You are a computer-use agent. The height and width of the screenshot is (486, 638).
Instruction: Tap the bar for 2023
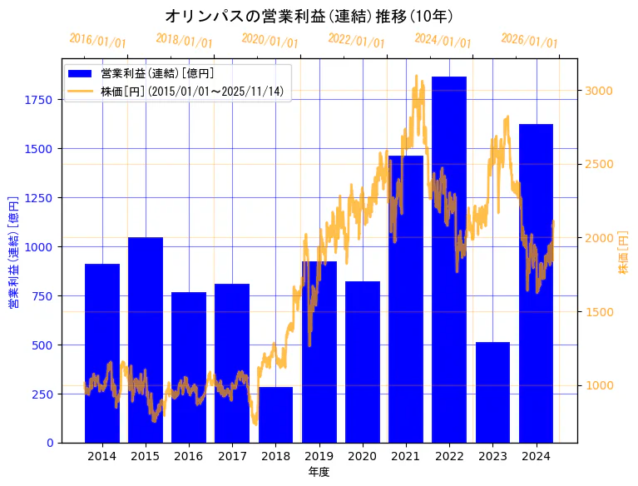(492, 392)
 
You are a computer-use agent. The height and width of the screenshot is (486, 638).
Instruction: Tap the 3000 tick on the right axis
(599, 91)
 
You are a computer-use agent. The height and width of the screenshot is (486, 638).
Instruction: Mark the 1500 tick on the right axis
(599, 312)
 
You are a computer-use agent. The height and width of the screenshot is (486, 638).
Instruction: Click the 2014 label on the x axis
(102, 456)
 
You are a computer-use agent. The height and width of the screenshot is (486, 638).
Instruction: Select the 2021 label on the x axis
(406, 456)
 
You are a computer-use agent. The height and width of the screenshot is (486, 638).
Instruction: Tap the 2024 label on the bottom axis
(536, 456)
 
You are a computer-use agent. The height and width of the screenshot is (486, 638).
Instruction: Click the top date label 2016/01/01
(97, 40)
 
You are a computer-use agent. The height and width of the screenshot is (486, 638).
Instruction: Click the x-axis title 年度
(319, 472)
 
